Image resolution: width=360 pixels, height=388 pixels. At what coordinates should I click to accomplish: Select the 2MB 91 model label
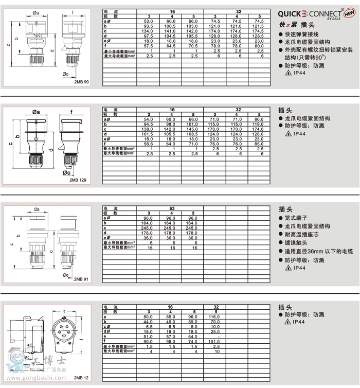pyautogui.click(x=81, y=278)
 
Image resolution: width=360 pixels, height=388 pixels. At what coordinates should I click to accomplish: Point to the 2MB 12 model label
pyautogui.click(x=81, y=378)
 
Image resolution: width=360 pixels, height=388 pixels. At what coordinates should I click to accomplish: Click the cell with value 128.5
pyautogui.click(x=260, y=36)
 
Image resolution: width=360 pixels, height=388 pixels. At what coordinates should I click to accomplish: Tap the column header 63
pyautogui.click(x=171, y=208)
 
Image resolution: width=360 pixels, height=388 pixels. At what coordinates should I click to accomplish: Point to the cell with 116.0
pyautogui.click(x=215, y=316)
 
